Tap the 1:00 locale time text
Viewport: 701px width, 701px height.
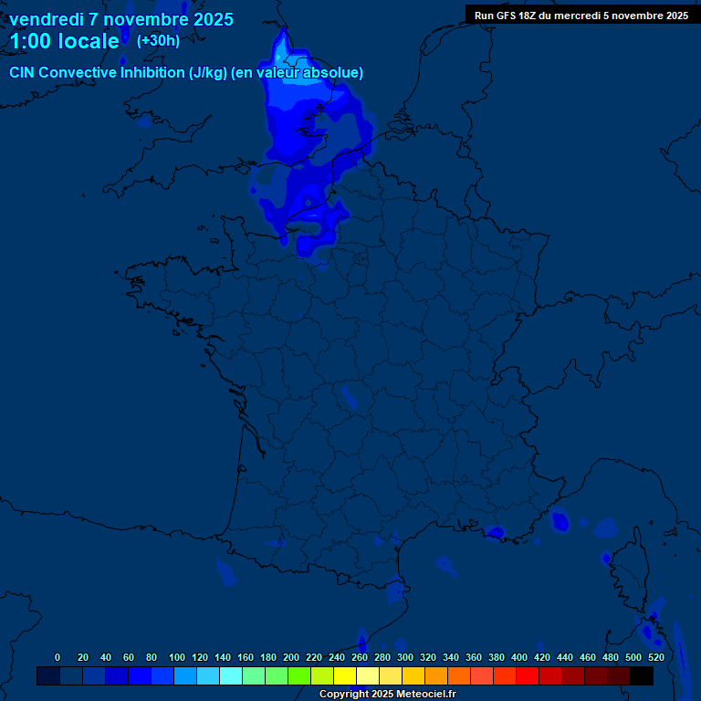coord(64,41)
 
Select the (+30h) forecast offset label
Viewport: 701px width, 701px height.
coord(158,41)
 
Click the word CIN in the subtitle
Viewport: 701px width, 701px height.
coord(22,73)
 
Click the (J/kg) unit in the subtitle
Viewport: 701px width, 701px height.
coord(207,73)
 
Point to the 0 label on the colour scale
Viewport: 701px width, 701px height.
coord(58,657)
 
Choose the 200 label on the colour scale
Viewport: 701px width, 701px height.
coord(291,657)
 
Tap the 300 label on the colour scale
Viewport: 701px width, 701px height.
coord(405,657)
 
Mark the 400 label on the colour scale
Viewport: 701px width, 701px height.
coord(519,657)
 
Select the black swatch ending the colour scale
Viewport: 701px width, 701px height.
coord(642,675)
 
